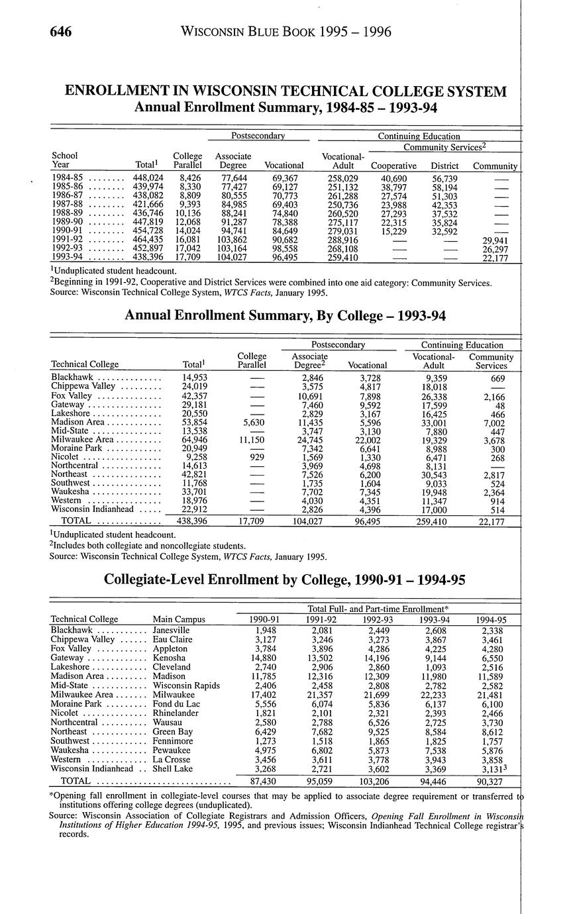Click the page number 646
59,32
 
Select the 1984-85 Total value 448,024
148,178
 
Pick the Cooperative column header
394,166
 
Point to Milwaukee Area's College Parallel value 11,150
252,439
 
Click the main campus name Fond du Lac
177,703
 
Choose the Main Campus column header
179,619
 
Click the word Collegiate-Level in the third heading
154,580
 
